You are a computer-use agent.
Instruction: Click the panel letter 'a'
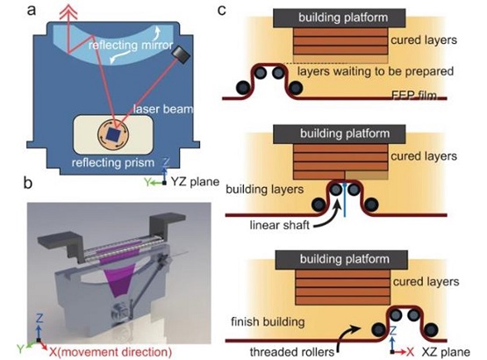(x=32, y=11)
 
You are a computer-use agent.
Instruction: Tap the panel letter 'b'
(x=28, y=183)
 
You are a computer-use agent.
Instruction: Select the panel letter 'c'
(x=222, y=11)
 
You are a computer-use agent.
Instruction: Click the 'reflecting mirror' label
(x=131, y=46)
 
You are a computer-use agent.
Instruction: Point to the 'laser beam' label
(x=163, y=109)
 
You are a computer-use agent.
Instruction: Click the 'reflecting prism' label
(x=113, y=163)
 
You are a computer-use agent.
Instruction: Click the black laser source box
(x=180, y=54)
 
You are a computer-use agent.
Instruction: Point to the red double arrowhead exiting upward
(x=68, y=11)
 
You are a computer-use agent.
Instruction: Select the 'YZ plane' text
(x=196, y=182)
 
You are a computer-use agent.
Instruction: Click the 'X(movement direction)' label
(x=111, y=352)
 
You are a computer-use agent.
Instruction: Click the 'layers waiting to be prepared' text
(x=376, y=71)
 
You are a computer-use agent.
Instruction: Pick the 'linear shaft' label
(x=280, y=225)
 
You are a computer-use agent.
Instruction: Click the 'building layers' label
(x=265, y=190)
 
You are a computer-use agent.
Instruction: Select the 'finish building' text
(x=268, y=321)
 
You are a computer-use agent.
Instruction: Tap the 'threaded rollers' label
(x=292, y=352)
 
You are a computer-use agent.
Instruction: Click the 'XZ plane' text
(x=446, y=352)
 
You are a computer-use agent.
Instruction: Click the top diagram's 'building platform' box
(x=340, y=18)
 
